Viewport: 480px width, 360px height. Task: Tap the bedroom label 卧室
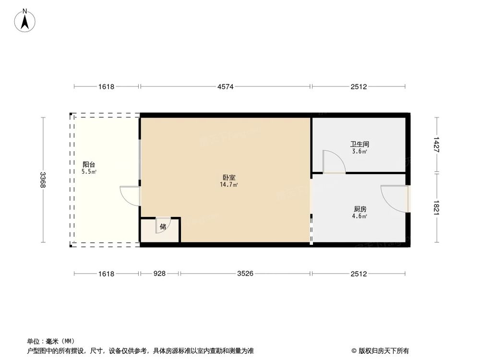coord(229,178)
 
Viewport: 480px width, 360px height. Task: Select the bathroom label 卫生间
coord(360,144)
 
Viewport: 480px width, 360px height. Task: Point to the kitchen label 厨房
coord(360,209)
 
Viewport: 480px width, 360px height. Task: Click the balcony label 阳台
coord(88,164)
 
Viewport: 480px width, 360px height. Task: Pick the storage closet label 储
coord(163,227)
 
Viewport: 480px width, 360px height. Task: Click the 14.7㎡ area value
coord(229,184)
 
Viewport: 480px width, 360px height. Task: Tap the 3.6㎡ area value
coord(360,151)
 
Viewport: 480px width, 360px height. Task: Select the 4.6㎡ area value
coord(360,216)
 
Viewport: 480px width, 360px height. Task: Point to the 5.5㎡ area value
coord(89,171)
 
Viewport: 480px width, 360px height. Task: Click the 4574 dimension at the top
coord(225,87)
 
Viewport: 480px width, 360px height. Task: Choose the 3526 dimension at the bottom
coord(245,274)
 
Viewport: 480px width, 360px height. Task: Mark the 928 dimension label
coord(159,274)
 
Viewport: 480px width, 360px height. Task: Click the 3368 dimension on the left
coord(43,180)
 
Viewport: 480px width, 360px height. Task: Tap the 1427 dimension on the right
coord(436,144)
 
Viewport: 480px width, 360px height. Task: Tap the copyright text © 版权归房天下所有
coord(380,350)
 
